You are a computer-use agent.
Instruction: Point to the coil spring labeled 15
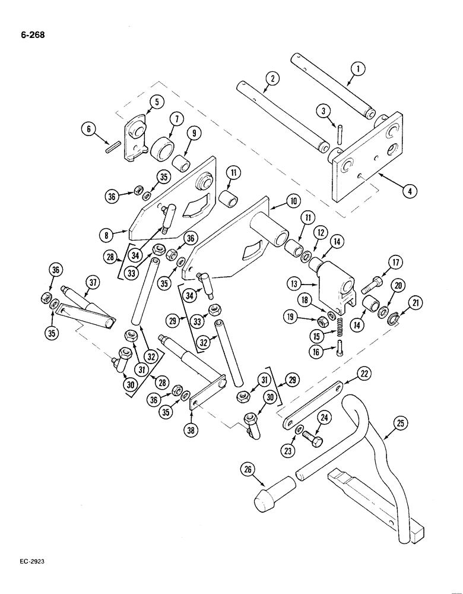tap(341, 327)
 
